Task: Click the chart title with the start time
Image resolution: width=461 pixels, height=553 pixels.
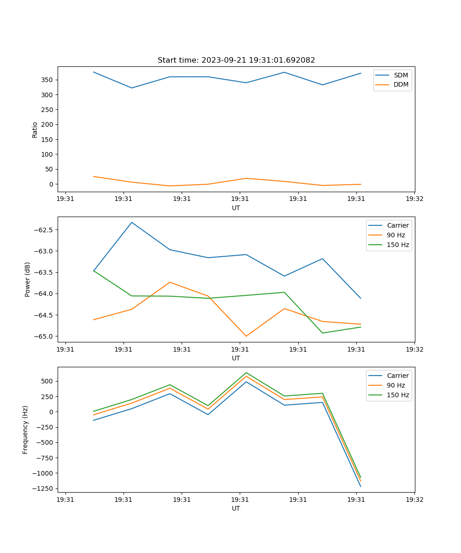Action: [236, 60]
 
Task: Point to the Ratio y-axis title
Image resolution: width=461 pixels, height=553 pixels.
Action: [35, 129]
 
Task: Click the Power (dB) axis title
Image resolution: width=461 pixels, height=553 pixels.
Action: [28, 279]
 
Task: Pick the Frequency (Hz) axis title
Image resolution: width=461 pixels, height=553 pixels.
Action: [25, 429]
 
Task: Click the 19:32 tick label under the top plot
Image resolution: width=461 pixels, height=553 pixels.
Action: [414, 199]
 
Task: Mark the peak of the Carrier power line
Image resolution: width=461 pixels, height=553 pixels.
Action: [132, 223]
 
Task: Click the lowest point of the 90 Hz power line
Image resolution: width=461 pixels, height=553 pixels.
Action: [246, 336]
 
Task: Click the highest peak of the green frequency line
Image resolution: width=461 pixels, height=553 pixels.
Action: [246, 372]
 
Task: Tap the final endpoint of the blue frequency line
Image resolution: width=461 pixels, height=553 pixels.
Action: [361, 487]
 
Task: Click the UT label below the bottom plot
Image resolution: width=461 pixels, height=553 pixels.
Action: [236, 508]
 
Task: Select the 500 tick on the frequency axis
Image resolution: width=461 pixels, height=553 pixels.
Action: [47, 381]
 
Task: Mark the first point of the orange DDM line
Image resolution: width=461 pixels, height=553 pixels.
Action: [94, 176]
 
